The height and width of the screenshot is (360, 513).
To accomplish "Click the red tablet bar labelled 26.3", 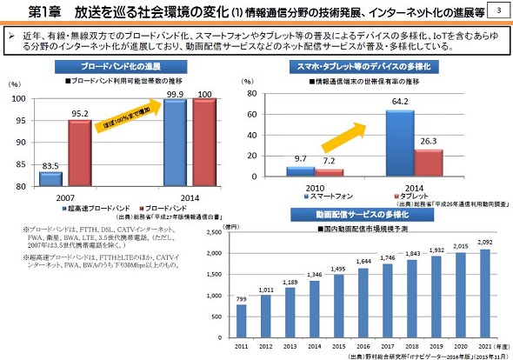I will pyautogui.click(x=429, y=163).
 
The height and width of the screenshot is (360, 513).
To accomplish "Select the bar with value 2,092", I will pyautogui.click(x=486, y=296).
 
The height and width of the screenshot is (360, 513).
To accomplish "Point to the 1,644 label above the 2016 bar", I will pyautogui.click(x=364, y=260).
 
